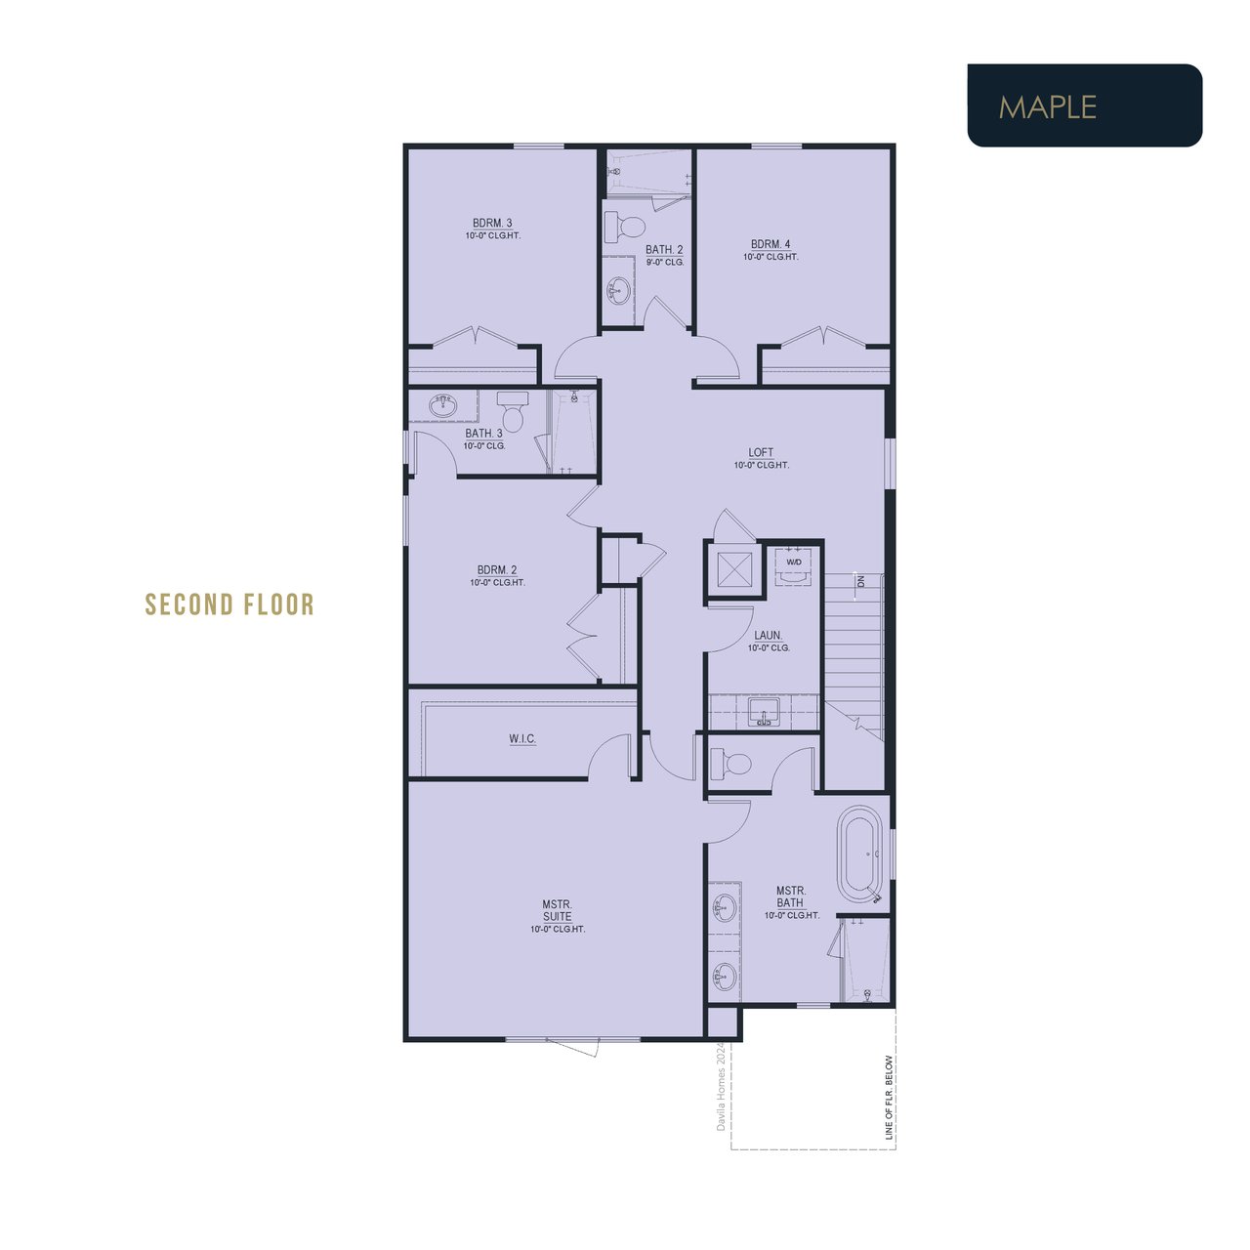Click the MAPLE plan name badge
click(x=1084, y=105)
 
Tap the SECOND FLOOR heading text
click(x=229, y=604)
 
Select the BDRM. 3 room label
click(x=491, y=224)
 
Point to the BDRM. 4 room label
click(x=770, y=244)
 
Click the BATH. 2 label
click(x=664, y=250)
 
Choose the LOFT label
click(x=761, y=453)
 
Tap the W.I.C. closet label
click(x=522, y=739)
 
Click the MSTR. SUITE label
click(x=558, y=910)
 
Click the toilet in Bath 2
click(x=625, y=227)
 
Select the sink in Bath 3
click(x=443, y=406)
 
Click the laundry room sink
click(x=764, y=712)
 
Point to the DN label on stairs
click(x=860, y=581)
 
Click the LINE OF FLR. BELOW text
click(x=889, y=1097)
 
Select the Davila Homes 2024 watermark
click(x=720, y=1086)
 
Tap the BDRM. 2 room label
click(x=497, y=570)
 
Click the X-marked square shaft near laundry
click(x=734, y=569)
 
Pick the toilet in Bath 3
click(x=513, y=410)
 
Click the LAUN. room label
click(x=768, y=636)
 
